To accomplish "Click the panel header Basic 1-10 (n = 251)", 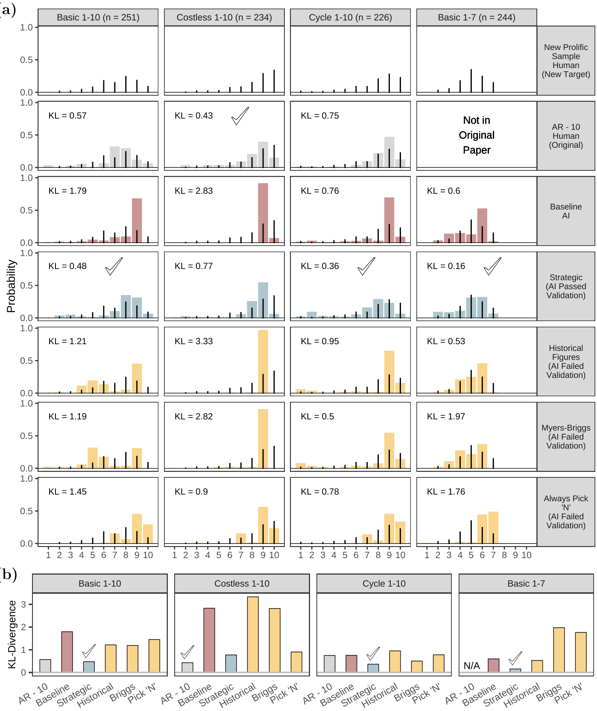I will coord(98,18).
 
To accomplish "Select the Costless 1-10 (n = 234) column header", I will coord(224,18).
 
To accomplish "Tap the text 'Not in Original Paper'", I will coord(477,135).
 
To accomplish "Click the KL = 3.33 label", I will coord(193,341).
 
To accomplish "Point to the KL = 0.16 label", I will coord(446,266).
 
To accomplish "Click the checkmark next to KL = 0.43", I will coord(240,116).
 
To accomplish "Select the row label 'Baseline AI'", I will coord(566,211).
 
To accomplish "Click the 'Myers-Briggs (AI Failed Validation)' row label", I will coord(566,436).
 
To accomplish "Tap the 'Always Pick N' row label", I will coord(566,512).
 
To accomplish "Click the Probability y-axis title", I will coord(11,286).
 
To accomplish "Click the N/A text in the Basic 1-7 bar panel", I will coord(472,666).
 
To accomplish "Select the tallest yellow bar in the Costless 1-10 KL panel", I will coord(253,634).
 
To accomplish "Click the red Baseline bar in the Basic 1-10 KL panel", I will coord(67,652).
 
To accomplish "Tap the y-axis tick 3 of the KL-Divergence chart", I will coord(23,604).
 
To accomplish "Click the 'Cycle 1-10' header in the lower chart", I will coord(384,583).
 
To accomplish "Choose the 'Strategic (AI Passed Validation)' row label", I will coord(566,286).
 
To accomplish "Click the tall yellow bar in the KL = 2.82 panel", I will coord(263,439).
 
